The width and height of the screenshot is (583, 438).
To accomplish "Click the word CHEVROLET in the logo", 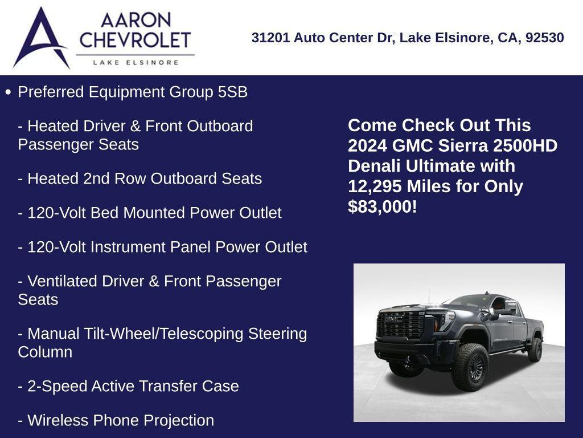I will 136,40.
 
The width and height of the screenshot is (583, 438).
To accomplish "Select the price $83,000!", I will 383,207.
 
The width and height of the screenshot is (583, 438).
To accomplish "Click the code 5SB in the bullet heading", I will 233,92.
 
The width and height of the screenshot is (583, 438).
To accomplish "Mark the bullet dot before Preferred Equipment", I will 8,92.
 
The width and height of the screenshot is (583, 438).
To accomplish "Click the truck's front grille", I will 401,325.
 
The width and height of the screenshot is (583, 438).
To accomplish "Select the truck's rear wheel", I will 535,349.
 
